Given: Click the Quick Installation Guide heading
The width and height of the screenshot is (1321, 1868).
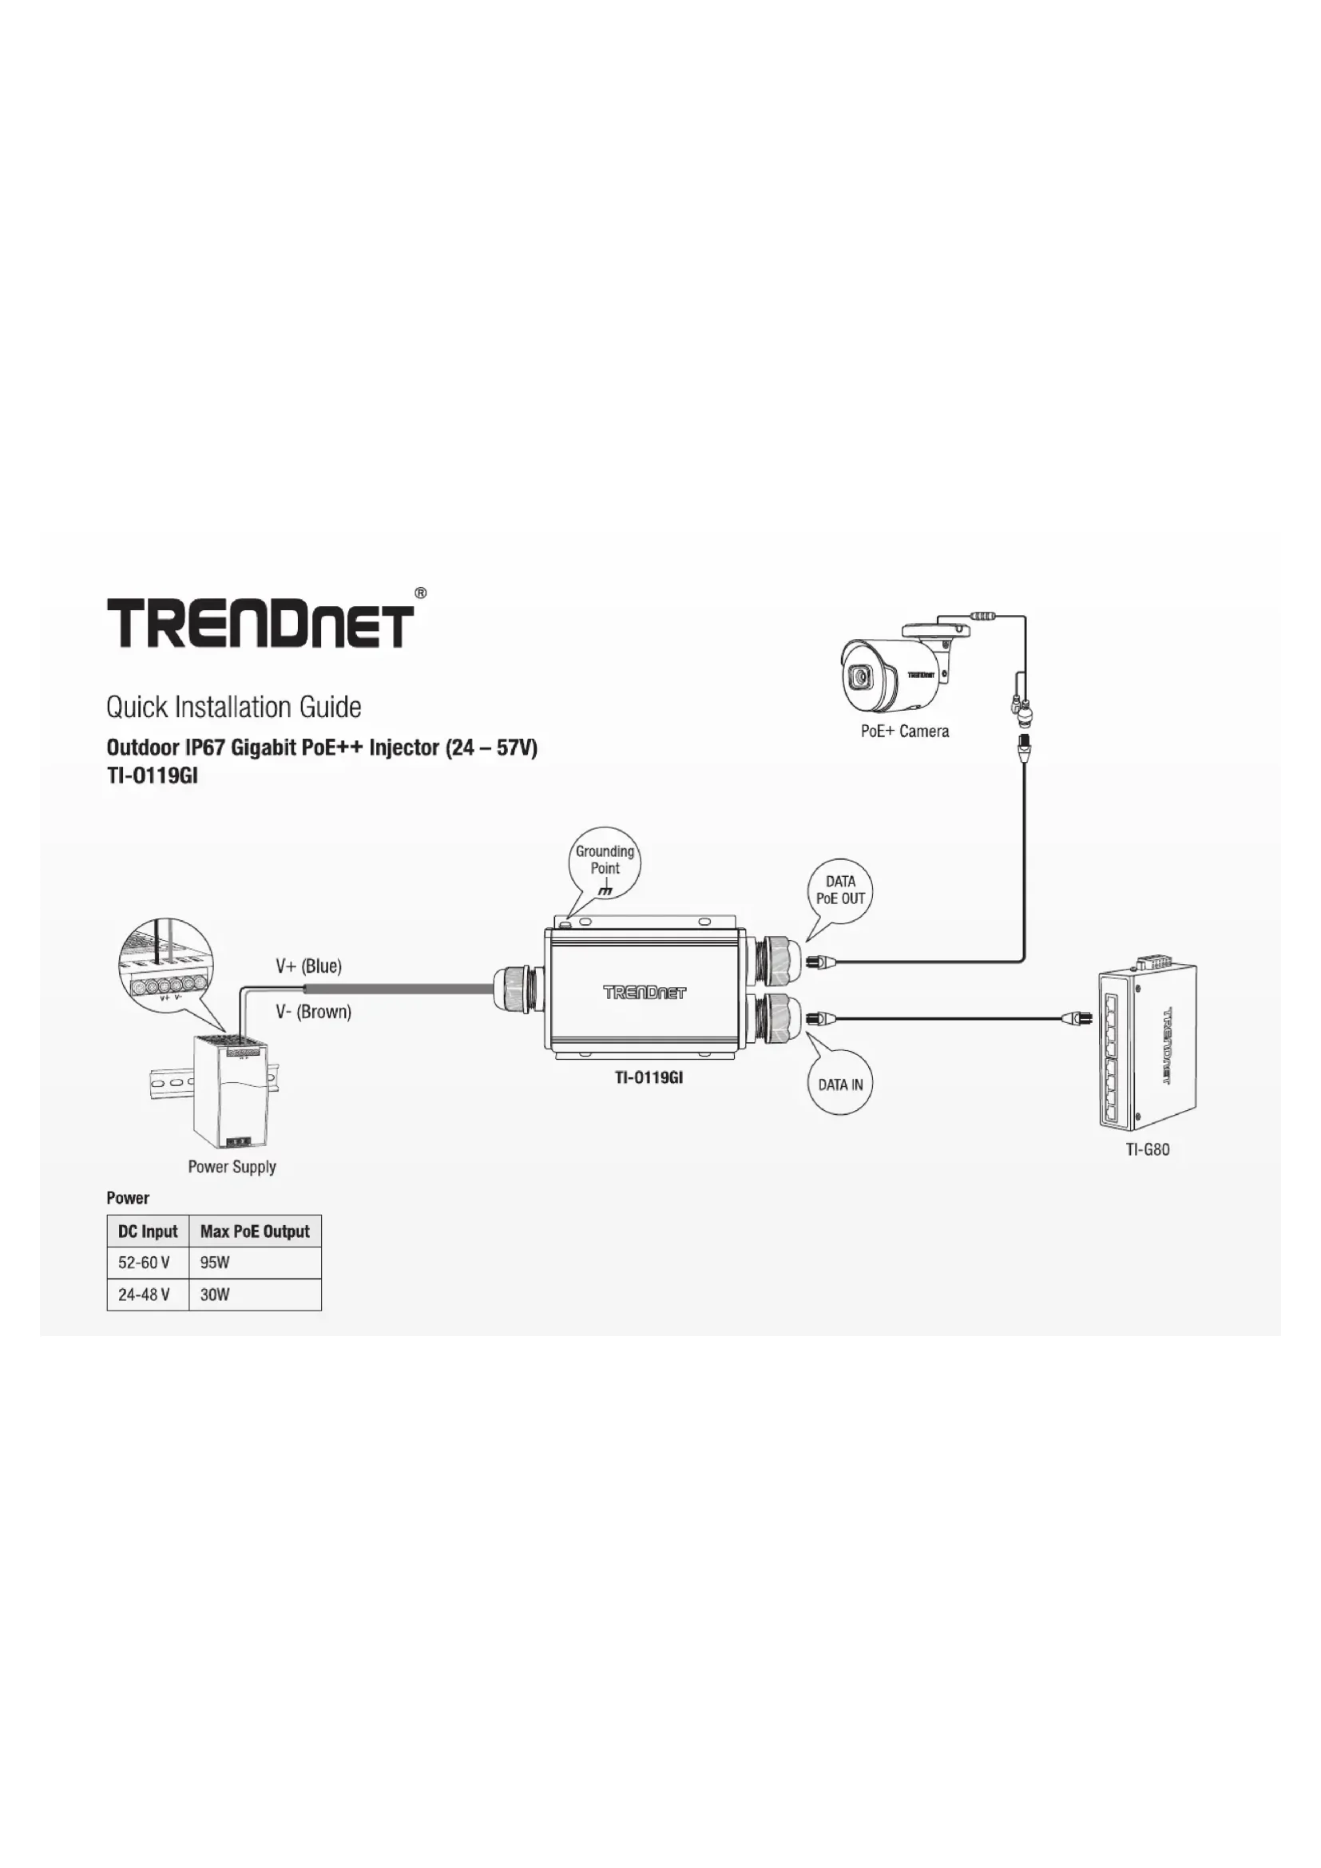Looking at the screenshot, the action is tap(233, 707).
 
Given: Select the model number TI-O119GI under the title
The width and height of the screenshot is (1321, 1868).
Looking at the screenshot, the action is tap(152, 775).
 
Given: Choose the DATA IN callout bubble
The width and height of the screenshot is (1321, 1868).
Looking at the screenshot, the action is tap(840, 1085).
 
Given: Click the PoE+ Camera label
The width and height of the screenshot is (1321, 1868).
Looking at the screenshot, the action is tap(905, 732).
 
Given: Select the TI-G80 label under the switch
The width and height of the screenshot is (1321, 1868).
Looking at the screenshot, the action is tap(1147, 1149).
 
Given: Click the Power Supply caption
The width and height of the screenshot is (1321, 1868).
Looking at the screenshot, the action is tap(232, 1167).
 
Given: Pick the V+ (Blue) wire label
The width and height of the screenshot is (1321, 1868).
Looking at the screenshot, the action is tap(308, 966).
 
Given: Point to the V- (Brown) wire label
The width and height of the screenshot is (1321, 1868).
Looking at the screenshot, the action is tap(313, 1012).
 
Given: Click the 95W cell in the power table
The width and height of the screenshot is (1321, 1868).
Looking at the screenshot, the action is tap(215, 1263).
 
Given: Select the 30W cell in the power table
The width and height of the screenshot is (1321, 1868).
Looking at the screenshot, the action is tap(215, 1295).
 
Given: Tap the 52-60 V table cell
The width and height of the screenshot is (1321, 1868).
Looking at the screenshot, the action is tap(144, 1263).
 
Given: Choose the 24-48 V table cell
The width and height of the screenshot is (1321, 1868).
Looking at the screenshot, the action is tap(144, 1295).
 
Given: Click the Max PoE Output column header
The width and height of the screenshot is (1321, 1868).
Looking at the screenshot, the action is tap(255, 1231).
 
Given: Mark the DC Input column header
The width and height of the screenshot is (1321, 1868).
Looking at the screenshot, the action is tap(147, 1231).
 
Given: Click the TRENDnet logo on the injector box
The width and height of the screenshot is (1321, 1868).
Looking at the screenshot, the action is tap(645, 992).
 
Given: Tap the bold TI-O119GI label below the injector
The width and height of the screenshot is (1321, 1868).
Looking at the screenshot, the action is tap(648, 1078).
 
